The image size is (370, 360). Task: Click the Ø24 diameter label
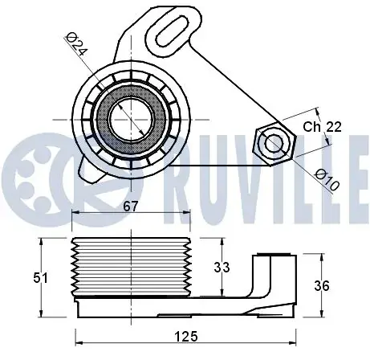click(76, 44)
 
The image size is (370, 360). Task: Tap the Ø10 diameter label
click(327, 180)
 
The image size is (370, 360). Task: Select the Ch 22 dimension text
click(322, 127)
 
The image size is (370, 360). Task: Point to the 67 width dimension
click(131, 207)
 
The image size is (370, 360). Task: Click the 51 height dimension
click(40, 278)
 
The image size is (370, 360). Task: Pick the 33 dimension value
click(222, 268)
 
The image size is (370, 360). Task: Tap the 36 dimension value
click(322, 286)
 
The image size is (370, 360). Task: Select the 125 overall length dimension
click(186, 336)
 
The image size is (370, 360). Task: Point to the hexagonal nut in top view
click(275, 144)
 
